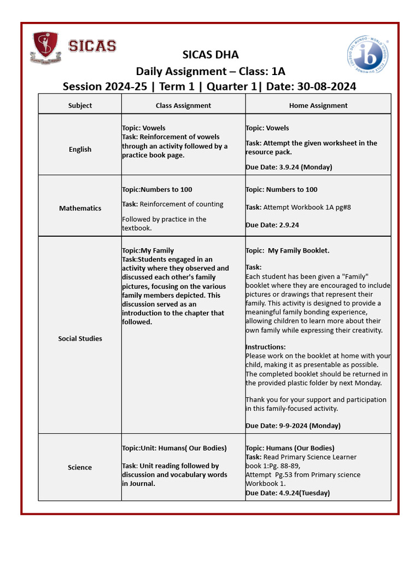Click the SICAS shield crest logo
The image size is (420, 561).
[46, 47]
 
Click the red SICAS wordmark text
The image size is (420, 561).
[92, 46]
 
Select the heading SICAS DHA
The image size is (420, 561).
[210, 55]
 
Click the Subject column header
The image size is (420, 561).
[80, 105]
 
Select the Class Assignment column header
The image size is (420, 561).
[183, 105]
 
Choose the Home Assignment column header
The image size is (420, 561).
[318, 105]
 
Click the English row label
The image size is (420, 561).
[80, 149]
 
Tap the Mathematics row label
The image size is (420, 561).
[80, 208]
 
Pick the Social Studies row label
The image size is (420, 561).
[80, 339]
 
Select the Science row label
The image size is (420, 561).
[80, 467]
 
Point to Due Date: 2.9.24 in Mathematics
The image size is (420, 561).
[272, 225]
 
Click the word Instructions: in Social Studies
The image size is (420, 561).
[265, 347]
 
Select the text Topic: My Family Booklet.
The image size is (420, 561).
[288, 251]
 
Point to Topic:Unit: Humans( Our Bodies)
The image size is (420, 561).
[174, 448]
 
